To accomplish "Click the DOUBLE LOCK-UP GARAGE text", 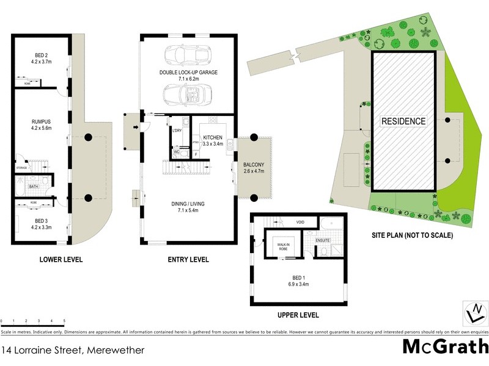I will pos(188,72).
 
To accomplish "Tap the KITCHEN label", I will pos(213,137).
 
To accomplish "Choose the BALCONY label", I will pos(254,165).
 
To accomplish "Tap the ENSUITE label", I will pos(323,240).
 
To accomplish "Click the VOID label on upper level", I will pos(300,222).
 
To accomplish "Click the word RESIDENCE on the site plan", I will pos(403,121).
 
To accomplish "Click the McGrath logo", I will pos(445,346).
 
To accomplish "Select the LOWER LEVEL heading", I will pos(61,259).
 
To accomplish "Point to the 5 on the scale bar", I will pos(64,321).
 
